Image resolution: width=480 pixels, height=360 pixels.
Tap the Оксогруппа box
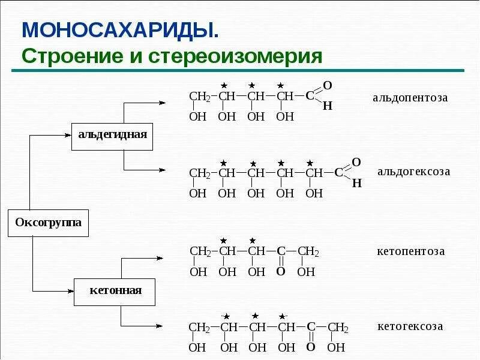pos(47,223)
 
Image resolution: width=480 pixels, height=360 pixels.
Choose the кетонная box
pos(115,291)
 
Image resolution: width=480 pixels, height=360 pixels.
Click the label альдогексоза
pos(413,172)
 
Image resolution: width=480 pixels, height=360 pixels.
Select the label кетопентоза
pos(411,251)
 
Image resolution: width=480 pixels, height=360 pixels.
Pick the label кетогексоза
pos(410,326)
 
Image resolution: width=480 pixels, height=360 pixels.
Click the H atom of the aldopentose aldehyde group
pos(327,106)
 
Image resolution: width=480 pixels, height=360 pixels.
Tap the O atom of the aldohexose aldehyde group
pos(356,163)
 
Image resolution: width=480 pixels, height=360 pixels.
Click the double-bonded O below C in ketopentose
pos(280,272)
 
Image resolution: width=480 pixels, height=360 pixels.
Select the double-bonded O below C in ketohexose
pos(310,347)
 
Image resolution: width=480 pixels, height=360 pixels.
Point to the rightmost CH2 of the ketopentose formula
pos(308,251)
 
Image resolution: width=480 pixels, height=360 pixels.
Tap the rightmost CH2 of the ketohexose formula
pos(338,328)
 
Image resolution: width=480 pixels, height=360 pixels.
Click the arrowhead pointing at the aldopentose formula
pos(161,103)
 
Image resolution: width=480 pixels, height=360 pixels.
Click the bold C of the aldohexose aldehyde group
pos(338,173)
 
